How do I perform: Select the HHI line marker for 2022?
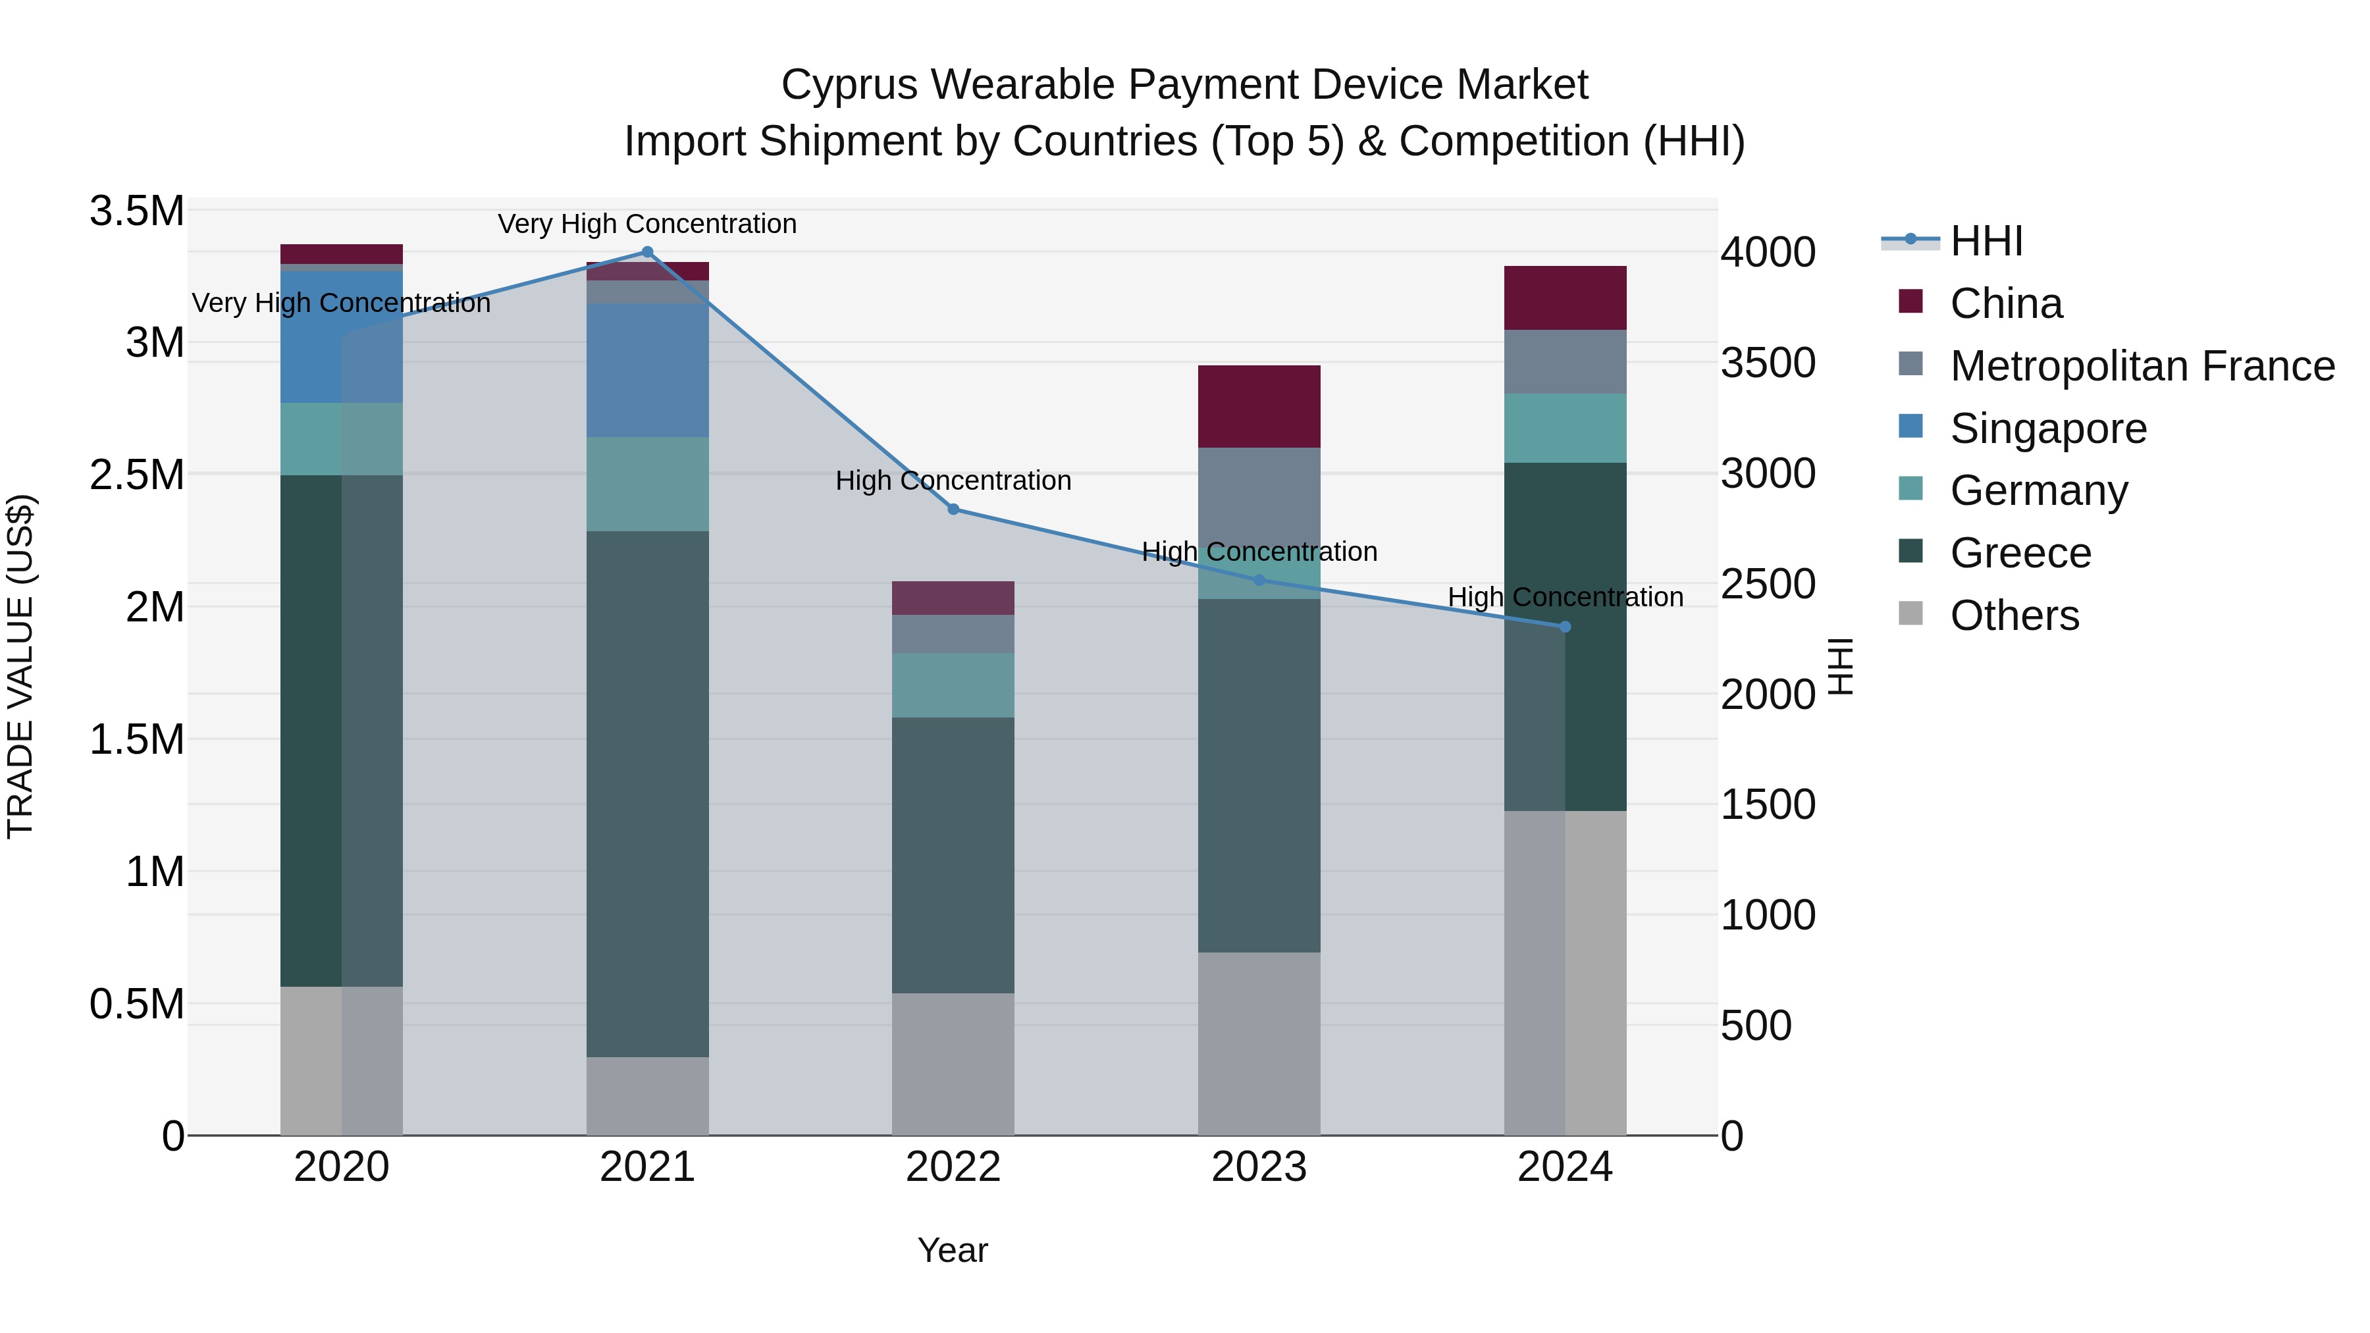pyautogui.click(x=953, y=510)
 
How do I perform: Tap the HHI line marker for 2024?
pyautogui.click(x=1565, y=627)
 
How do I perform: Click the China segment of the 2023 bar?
pyautogui.click(x=1259, y=407)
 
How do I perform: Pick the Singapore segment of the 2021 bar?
pyautogui.click(x=648, y=370)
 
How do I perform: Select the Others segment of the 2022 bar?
pyautogui.click(x=953, y=1064)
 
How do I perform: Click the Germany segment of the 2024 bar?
pyautogui.click(x=1565, y=428)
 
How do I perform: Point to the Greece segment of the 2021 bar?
pyautogui.click(x=648, y=793)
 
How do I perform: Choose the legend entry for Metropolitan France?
pyautogui.click(x=2141, y=366)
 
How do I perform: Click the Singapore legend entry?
pyautogui.click(x=2048, y=429)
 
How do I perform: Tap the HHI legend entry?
pyautogui.click(x=1986, y=241)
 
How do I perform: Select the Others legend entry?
pyautogui.click(x=2014, y=615)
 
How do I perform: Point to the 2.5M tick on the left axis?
pyautogui.click(x=136, y=475)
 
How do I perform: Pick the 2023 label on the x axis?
pyautogui.click(x=1259, y=1167)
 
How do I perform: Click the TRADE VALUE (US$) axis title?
pyautogui.click(x=20, y=666)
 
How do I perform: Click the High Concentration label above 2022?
pyautogui.click(x=953, y=481)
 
